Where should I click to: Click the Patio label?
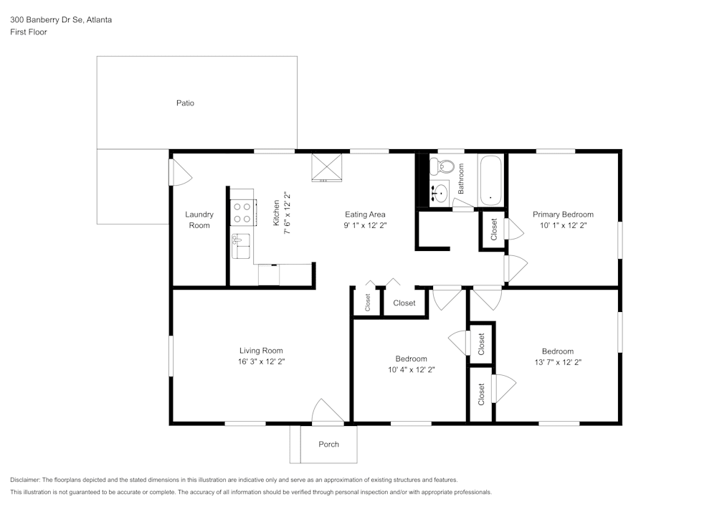185,103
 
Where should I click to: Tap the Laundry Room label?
199,220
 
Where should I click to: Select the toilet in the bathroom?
445,167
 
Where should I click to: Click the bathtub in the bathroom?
491,180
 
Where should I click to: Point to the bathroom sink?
440,192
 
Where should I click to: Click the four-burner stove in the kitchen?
242,212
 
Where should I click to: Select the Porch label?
328,444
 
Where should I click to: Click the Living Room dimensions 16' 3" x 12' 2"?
266,361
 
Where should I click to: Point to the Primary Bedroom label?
563,214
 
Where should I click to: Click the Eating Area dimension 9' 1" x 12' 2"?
365,225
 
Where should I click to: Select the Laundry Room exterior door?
180,172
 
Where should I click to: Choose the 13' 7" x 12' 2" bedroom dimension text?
557,362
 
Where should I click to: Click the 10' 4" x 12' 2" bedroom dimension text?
411,369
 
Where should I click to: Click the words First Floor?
29,32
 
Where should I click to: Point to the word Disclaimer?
26,480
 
